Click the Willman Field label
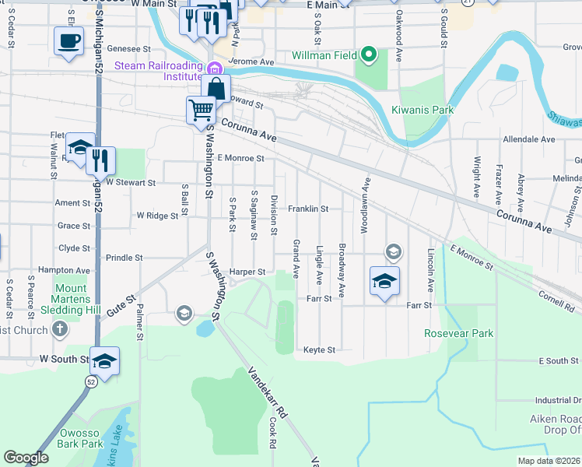click(325, 56)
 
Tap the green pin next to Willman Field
click(370, 55)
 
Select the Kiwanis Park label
click(422, 110)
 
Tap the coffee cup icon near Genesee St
click(68, 40)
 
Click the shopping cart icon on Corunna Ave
click(201, 111)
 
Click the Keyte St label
click(319, 350)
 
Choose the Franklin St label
click(309, 209)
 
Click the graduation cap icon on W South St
click(104, 360)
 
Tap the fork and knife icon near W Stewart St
click(101, 160)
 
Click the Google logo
click(26, 458)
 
